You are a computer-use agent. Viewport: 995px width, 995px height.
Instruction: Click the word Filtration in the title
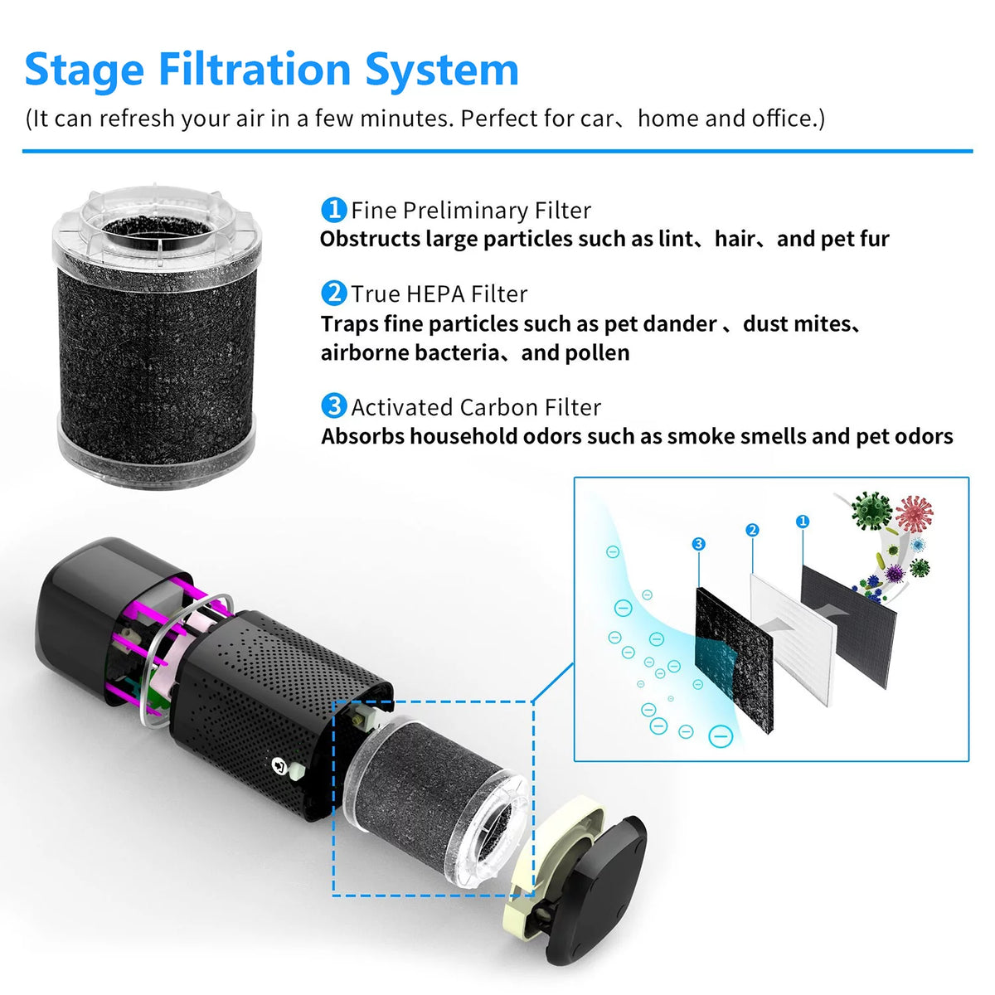pos(255,69)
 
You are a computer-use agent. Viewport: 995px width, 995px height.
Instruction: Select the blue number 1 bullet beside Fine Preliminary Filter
pos(333,210)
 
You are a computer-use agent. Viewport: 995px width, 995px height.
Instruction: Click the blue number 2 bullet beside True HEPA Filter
pos(333,294)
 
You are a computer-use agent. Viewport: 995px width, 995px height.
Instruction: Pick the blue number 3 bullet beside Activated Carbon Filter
pos(333,406)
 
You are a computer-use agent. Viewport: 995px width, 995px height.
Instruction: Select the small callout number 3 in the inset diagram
pos(699,544)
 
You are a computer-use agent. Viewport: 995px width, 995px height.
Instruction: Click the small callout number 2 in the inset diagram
pos(752,530)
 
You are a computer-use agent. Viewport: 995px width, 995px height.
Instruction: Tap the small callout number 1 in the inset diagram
pos(803,522)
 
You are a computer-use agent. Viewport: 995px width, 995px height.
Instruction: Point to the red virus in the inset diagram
pos(914,514)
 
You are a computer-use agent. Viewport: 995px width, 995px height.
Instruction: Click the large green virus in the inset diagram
pos(871,511)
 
